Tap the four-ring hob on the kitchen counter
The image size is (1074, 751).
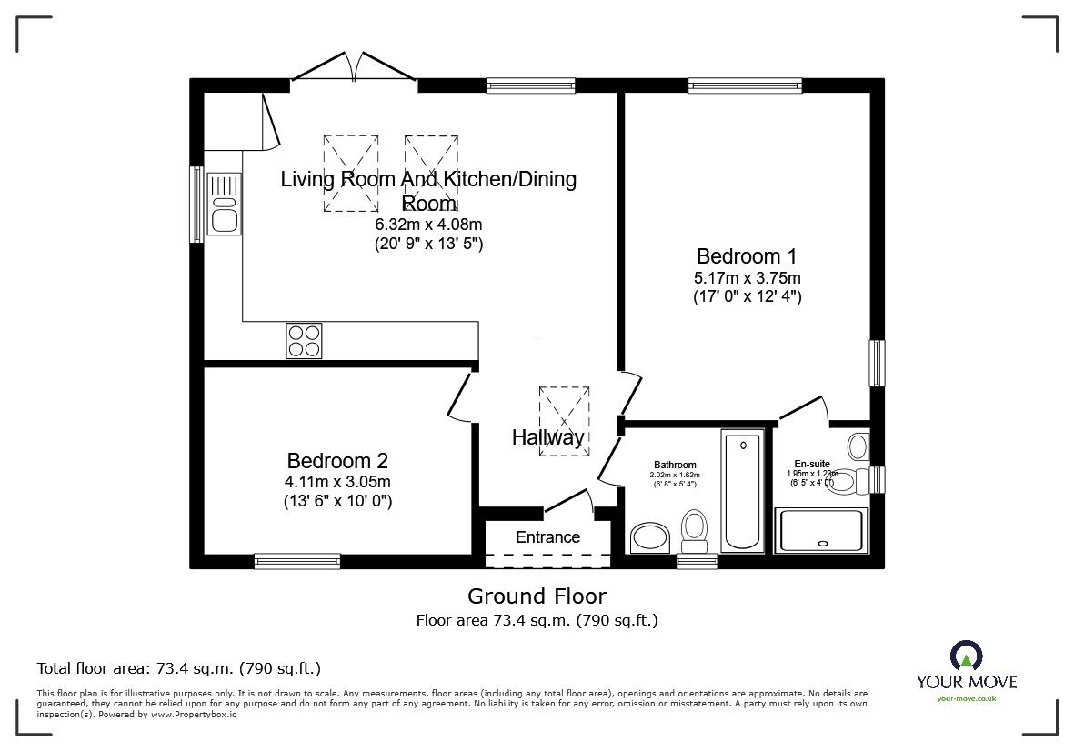point(304,340)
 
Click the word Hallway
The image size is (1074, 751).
point(547,437)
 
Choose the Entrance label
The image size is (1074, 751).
point(547,536)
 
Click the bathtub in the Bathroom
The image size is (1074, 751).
point(743,491)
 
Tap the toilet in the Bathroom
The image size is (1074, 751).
point(695,530)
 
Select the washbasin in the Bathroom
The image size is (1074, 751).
point(649,536)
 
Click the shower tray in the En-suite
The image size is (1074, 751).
point(821,529)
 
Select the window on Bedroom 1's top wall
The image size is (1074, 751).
point(745,86)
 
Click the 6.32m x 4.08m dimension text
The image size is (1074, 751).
point(428,225)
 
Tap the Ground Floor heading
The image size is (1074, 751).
point(537,596)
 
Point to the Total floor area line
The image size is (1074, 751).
point(178,668)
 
